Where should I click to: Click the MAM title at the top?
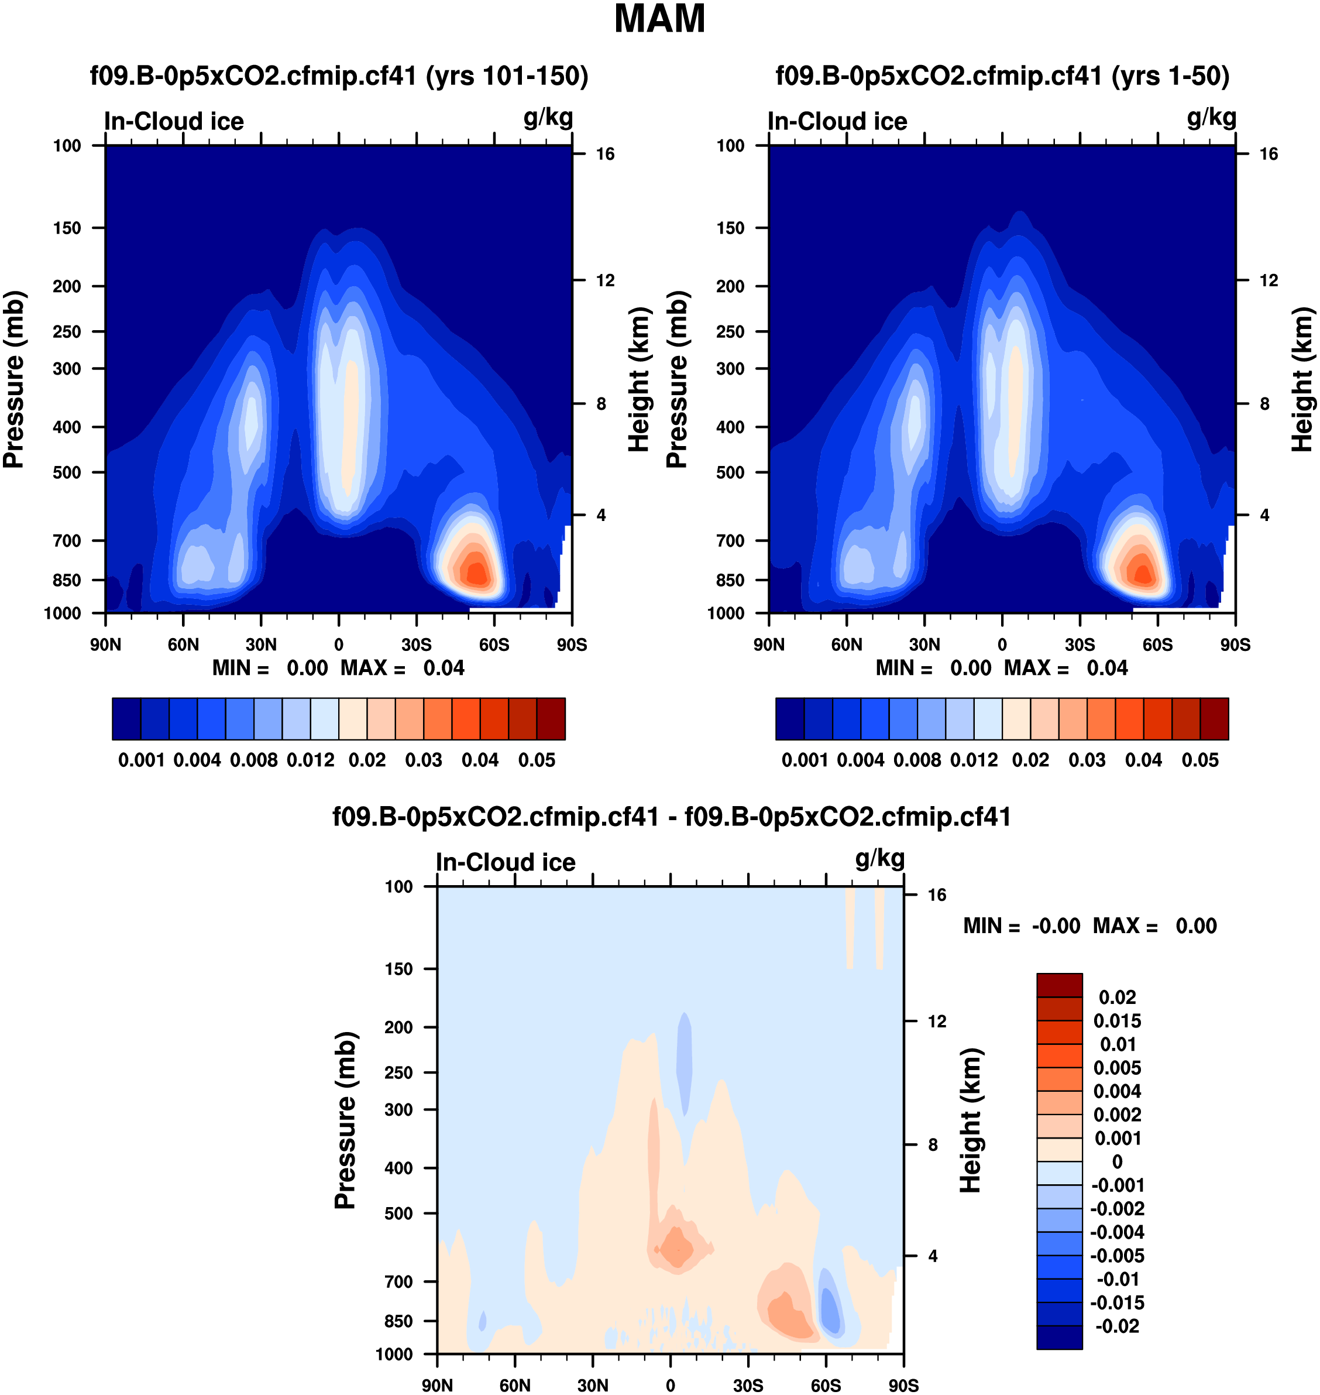(x=659, y=19)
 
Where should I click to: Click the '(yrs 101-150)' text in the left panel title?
(x=507, y=76)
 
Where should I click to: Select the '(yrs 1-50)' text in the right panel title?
(x=1170, y=76)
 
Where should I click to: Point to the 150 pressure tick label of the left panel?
(x=67, y=228)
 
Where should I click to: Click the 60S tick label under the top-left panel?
(x=494, y=645)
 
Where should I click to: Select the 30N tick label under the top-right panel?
(x=924, y=645)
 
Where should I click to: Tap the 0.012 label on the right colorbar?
(x=974, y=760)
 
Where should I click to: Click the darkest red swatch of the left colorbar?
(x=551, y=719)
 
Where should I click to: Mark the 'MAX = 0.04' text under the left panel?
(x=403, y=668)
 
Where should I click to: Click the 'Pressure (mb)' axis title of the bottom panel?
(x=345, y=1120)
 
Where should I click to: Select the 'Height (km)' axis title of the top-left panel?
(x=638, y=379)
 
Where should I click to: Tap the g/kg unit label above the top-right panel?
(x=1211, y=118)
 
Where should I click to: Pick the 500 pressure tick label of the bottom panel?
(x=398, y=1214)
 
